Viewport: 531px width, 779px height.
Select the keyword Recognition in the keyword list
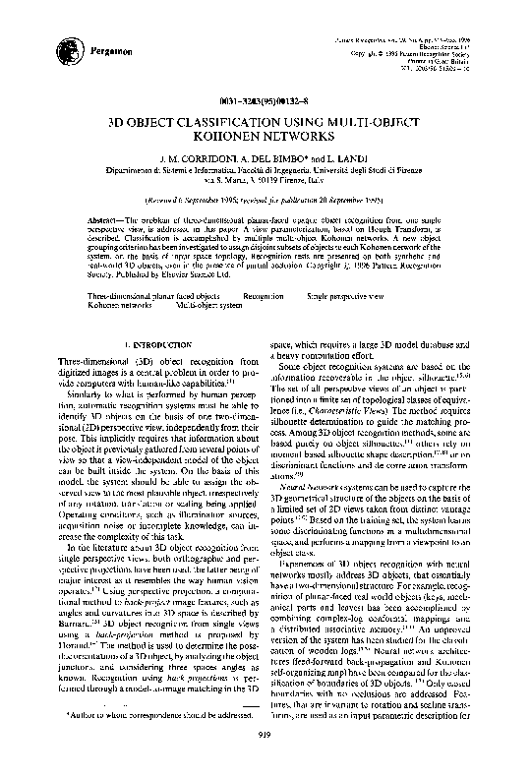pyautogui.click(x=264, y=296)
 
